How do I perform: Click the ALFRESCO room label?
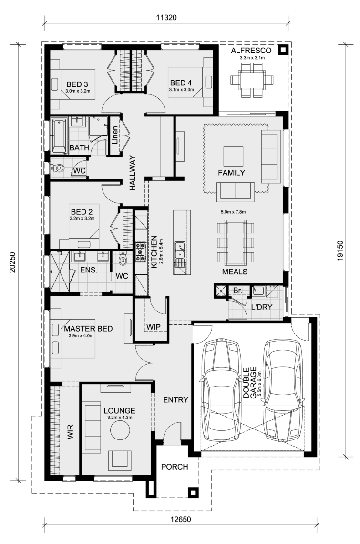pyautogui.click(x=251, y=51)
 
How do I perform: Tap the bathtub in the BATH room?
pyautogui.click(x=59, y=136)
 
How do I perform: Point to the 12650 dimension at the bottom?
pyautogui.click(x=180, y=519)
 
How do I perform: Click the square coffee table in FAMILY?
pyautogui.click(x=233, y=157)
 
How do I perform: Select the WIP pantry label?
pyautogui.click(x=153, y=327)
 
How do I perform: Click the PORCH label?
pyautogui.click(x=175, y=467)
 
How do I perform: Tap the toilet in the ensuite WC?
pyautogui.click(x=123, y=259)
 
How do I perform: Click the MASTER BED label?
pyautogui.click(x=88, y=329)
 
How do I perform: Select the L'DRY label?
pyautogui.click(x=261, y=307)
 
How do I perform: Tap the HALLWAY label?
pyautogui.click(x=132, y=173)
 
